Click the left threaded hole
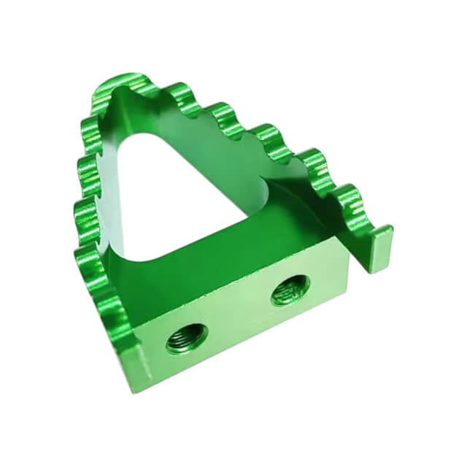[186, 338]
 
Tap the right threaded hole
[290, 290]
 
